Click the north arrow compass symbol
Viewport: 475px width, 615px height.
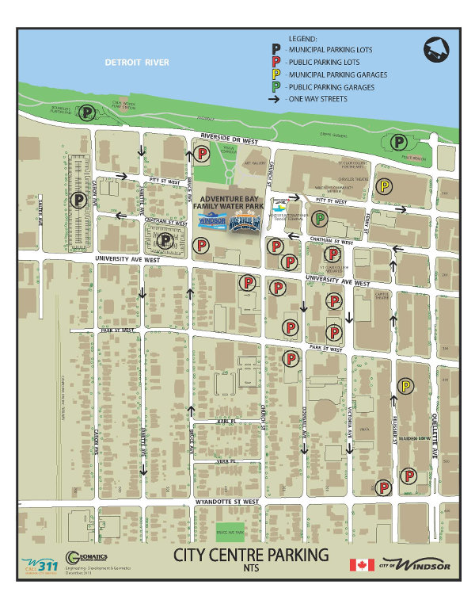coord(435,50)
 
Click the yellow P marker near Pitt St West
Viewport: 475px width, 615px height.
coord(384,187)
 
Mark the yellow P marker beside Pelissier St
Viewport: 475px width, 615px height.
coord(405,386)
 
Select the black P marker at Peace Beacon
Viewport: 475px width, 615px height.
coord(401,143)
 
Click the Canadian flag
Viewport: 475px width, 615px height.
coord(362,564)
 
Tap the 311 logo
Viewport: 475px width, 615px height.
coord(40,564)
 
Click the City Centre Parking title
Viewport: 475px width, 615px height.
coord(252,555)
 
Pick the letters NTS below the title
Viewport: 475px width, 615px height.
coord(252,568)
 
